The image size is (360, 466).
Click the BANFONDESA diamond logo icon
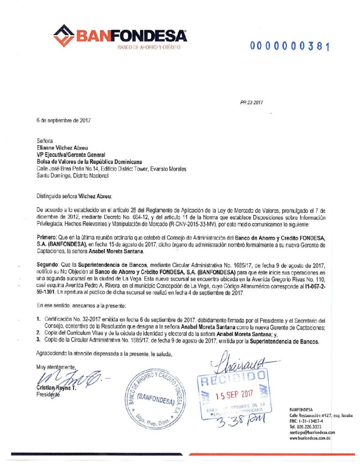coord(64,36)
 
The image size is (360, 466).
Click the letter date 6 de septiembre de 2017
coord(64,121)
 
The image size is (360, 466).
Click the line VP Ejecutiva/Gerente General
coord(68,155)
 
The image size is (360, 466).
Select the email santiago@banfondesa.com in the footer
coord(312,432)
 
